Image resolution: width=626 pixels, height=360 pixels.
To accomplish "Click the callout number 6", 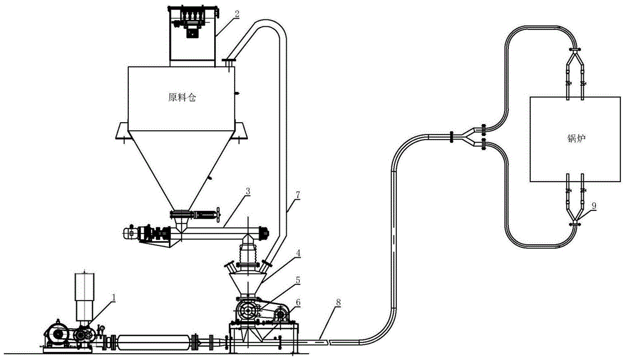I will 298,302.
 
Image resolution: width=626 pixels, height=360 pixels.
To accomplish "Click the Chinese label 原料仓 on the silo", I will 182,98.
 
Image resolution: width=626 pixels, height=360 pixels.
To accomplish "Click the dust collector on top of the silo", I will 192,34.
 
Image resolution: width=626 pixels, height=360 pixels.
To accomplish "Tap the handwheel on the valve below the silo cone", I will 218,214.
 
